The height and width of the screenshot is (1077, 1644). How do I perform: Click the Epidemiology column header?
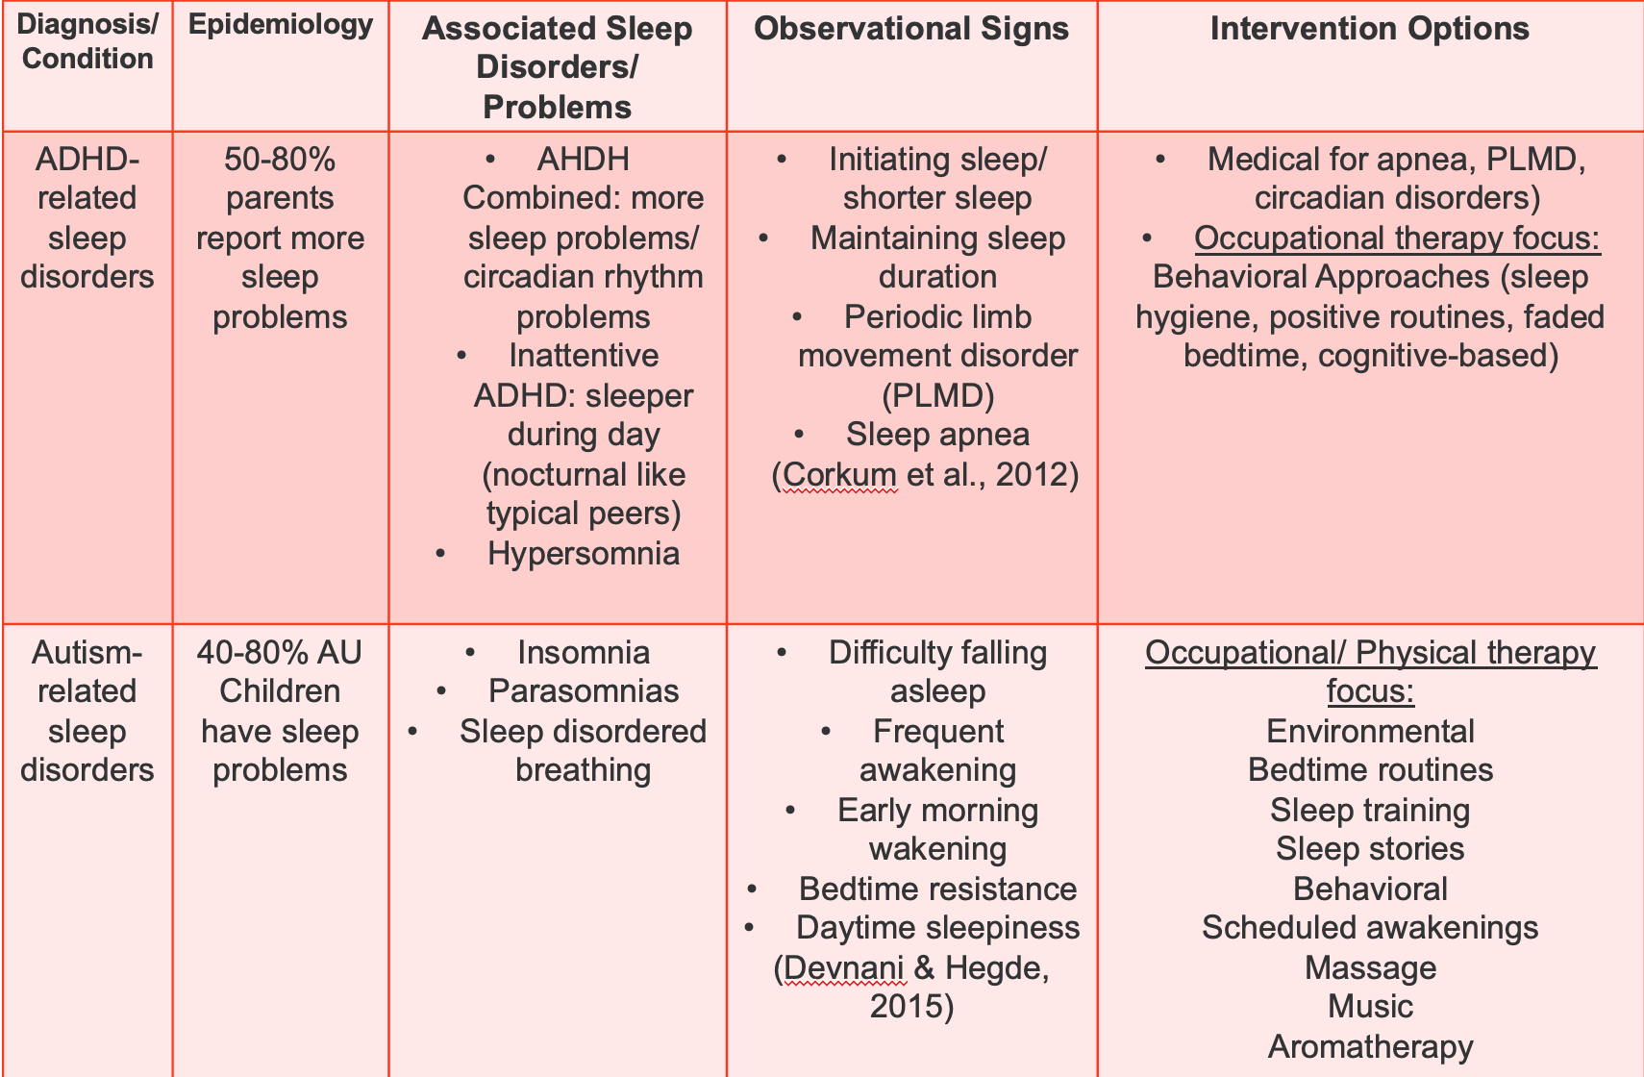coord(281,25)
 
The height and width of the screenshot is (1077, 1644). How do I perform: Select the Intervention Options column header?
coord(1369,29)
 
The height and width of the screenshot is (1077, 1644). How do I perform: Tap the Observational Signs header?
coord(911,29)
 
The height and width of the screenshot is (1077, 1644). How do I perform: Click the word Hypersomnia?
coord(584,554)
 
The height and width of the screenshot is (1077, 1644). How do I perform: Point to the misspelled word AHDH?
coord(584,160)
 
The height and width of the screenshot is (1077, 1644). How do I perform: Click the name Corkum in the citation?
coord(839,475)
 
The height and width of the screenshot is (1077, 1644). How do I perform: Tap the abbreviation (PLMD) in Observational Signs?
coord(938,396)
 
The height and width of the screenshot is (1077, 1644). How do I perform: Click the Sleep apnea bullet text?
coord(938,435)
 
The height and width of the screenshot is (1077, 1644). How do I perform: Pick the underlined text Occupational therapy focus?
coord(1398,238)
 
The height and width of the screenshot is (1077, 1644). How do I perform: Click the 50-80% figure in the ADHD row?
coord(280,160)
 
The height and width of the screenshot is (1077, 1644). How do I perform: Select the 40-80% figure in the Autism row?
coord(251,653)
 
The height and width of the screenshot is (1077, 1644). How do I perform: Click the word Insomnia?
coord(584,653)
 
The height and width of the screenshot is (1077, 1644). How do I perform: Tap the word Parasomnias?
coord(584,690)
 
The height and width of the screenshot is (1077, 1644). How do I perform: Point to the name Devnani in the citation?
coord(843,968)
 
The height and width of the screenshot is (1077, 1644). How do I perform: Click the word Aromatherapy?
coord(1370,1047)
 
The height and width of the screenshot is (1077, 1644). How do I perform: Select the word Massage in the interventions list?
coord(1370,968)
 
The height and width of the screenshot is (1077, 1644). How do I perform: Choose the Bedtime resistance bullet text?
coord(938,889)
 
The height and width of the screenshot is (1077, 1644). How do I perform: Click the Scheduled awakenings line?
coord(1370,928)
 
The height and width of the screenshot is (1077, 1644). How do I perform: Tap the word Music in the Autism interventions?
coord(1370,1007)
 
